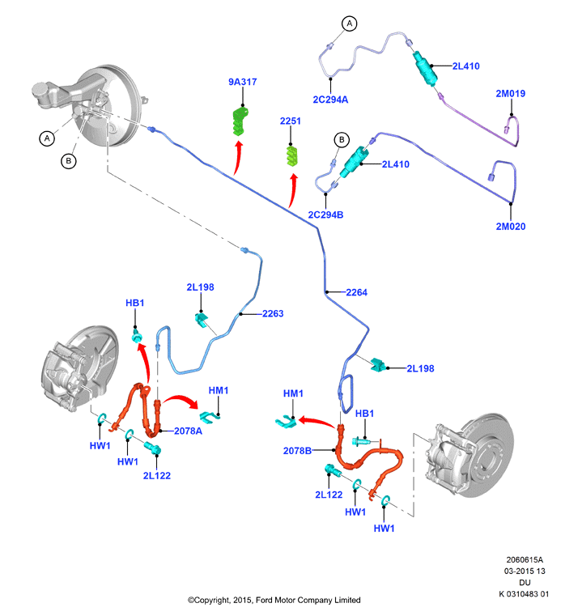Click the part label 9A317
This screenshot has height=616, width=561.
242,82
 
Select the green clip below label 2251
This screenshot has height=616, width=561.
291,155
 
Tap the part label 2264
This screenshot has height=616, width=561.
356,292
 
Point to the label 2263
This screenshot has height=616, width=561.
273,313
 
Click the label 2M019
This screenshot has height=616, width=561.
510,94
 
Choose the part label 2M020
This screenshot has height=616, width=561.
510,227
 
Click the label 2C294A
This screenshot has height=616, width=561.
330,100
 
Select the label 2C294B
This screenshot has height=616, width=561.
325,215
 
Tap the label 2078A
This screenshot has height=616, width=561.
188,431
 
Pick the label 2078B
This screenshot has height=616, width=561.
297,451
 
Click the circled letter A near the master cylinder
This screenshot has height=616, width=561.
47,138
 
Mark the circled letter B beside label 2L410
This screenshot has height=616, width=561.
342,139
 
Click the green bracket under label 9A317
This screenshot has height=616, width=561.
240,121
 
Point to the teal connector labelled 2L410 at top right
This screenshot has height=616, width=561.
425,68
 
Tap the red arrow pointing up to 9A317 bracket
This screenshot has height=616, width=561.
237,158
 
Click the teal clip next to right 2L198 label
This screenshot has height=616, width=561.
377,365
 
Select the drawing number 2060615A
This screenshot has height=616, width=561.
525,559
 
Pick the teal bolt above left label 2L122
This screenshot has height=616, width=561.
153,448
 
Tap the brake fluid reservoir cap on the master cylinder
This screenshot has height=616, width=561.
40,89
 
